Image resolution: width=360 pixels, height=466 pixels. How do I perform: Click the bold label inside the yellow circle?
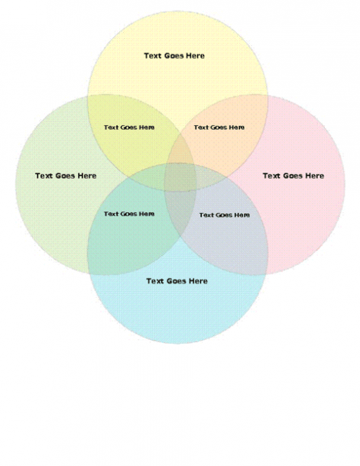pos(174,56)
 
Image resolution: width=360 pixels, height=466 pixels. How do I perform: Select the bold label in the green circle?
pos(66,176)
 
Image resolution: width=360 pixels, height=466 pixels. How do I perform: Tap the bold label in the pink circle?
pos(293,176)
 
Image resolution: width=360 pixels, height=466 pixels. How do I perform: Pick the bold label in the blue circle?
pos(177,281)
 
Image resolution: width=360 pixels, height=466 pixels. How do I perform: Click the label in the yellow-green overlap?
pos(129,128)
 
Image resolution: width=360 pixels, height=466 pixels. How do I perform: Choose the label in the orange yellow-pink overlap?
pos(219,128)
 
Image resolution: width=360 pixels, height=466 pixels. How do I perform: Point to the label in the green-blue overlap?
pos(129,214)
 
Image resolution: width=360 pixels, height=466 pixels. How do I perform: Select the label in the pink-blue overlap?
pos(225,215)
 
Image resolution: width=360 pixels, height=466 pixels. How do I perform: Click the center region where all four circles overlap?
pos(180,177)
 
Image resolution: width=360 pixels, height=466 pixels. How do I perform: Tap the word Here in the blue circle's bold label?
pos(198,281)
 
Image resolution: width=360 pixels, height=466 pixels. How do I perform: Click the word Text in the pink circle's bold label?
pos(271,176)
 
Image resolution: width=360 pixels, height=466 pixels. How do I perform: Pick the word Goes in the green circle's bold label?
pos(65,176)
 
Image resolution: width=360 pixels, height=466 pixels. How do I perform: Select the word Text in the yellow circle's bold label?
pos(153,56)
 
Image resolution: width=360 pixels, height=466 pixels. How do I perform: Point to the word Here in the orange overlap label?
pos(237,128)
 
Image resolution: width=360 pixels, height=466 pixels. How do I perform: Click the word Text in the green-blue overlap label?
pos(111,214)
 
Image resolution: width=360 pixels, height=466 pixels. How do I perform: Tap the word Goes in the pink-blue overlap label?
pos(223,215)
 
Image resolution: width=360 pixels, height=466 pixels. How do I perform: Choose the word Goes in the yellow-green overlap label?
pos(128,128)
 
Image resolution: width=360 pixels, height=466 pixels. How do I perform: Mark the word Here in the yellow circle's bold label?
pos(196,56)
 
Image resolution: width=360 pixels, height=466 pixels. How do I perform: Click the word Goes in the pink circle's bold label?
pos(293,176)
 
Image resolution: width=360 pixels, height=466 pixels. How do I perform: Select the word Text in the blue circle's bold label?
pos(155,281)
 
